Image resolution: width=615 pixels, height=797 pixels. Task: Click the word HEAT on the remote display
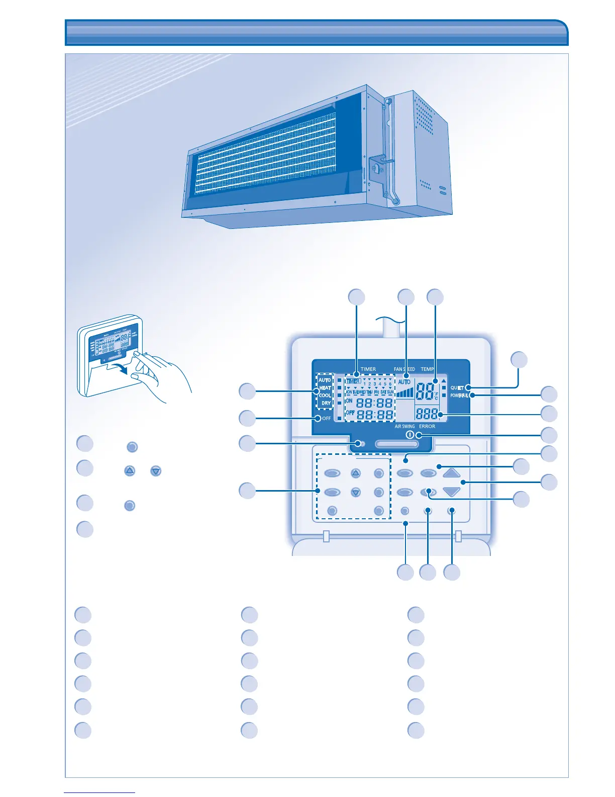pos(325,388)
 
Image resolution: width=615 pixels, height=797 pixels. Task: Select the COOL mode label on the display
pos(325,395)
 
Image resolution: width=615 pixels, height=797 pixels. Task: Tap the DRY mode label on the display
pos(326,403)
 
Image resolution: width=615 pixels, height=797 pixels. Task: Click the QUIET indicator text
pos(457,388)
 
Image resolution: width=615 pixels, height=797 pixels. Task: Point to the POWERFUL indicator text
pos(459,395)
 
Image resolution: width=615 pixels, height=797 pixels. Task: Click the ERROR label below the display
pos(427,426)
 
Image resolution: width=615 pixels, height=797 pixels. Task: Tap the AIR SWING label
pos(404,426)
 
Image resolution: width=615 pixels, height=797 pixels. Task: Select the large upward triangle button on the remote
pos(452,473)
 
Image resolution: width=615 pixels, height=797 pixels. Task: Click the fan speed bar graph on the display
pos(404,392)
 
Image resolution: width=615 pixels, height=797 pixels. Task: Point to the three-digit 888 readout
pos(427,414)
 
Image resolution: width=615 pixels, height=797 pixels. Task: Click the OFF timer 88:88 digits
pos(375,415)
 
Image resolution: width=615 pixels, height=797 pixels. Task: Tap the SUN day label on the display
pos(390,392)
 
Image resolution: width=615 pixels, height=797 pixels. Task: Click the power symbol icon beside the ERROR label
pos(409,435)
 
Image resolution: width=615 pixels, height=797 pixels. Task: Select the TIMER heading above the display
pos(368,369)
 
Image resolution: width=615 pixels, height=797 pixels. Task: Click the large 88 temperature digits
pos(425,392)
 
